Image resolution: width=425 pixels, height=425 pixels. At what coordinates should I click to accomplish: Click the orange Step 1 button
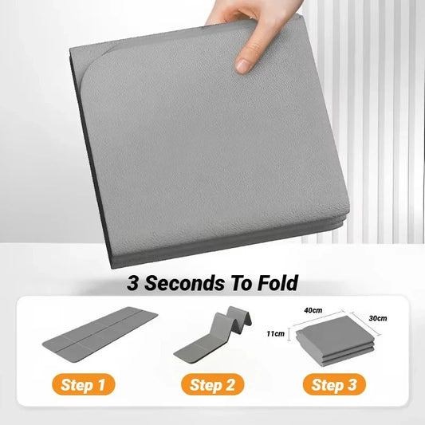tap(83, 384)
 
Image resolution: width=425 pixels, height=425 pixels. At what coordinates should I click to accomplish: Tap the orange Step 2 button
tap(211, 384)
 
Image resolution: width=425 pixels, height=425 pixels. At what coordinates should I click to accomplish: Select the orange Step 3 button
tap(334, 384)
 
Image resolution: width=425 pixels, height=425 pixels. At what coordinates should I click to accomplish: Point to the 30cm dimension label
tap(378, 319)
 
